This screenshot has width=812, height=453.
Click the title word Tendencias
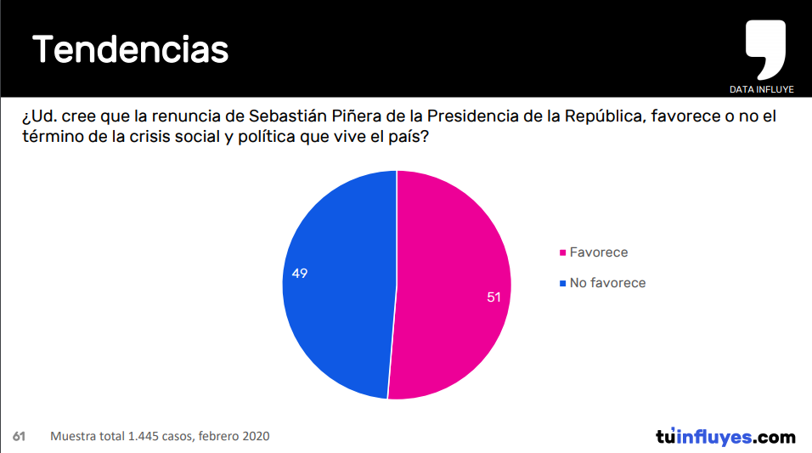[131, 50]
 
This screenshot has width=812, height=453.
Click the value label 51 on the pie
[493, 297]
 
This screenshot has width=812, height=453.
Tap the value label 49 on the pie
[299, 274]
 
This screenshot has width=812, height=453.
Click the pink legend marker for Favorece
[562, 253]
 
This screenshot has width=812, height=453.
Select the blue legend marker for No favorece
[562, 284]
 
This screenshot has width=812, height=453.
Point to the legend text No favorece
[607, 283]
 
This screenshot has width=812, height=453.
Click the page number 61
[19, 437]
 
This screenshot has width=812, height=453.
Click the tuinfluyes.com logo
[725, 437]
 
